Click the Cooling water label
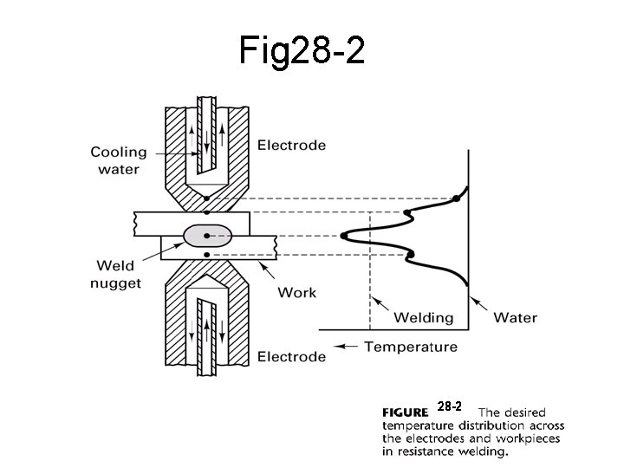[x=119, y=161]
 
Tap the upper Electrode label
[x=291, y=146]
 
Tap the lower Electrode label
[x=291, y=356]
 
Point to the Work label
[x=296, y=292]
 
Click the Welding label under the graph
[x=424, y=317]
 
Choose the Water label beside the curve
[x=515, y=317]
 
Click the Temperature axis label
[x=410, y=348]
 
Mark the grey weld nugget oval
[x=208, y=234]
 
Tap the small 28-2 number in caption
[x=450, y=406]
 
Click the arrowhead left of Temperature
[x=340, y=347]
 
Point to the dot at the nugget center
[x=208, y=234]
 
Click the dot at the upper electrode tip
[x=207, y=198]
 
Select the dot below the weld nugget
[x=207, y=254]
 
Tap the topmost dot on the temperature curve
[x=456, y=199]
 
